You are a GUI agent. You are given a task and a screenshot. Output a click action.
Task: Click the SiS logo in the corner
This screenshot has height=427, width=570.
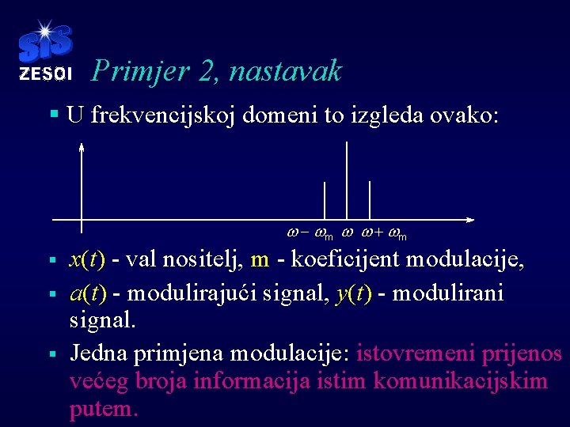point(44,44)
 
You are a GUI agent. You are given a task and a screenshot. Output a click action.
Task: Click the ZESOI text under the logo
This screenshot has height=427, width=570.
point(45,74)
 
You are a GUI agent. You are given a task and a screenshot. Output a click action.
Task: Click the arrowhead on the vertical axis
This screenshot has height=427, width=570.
point(82,146)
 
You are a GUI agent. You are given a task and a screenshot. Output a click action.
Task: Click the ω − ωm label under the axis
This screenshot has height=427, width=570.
point(309,235)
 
